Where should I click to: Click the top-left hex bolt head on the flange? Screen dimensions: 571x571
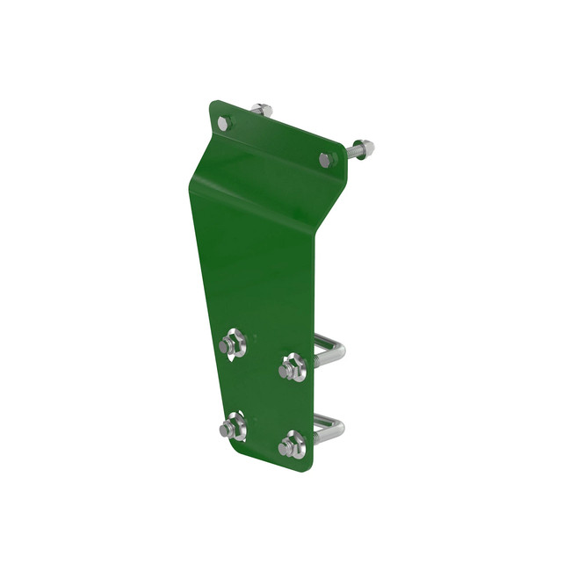[x=223, y=124]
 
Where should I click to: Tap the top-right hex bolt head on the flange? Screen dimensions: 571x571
[x=327, y=160]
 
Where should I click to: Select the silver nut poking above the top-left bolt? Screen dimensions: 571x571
[x=261, y=110]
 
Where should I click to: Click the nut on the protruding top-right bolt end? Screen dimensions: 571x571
[x=364, y=148]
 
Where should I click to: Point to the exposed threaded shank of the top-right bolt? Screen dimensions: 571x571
[x=349, y=153]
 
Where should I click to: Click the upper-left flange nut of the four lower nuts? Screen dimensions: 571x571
[x=232, y=343]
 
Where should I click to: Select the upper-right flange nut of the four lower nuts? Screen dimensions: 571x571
[x=292, y=367]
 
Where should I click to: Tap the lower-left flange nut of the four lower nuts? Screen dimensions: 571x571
[x=232, y=427]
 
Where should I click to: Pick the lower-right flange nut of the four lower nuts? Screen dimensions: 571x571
[x=292, y=446]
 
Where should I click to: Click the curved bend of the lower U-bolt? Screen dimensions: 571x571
[x=339, y=428]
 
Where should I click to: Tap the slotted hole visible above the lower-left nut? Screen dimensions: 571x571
[x=235, y=414]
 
